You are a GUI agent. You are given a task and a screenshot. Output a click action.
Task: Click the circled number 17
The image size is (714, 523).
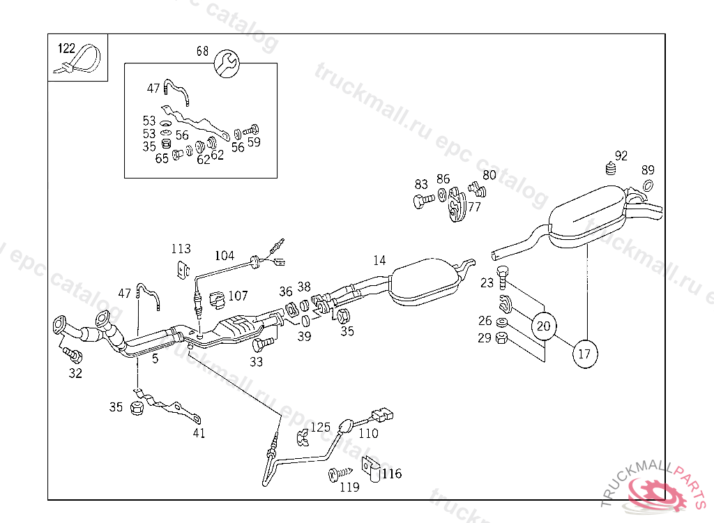[x=585, y=354]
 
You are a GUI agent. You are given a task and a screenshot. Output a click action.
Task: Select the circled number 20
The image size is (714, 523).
[x=544, y=325]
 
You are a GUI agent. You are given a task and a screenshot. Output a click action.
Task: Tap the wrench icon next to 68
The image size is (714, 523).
[x=227, y=64]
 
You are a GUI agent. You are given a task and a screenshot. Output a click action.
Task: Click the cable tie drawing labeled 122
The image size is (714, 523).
[x=78, y=61]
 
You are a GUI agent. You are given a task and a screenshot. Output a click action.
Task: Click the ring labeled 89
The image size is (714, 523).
[x=647, y=185]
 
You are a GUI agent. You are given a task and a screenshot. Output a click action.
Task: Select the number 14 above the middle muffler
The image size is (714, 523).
[x=379, y=261]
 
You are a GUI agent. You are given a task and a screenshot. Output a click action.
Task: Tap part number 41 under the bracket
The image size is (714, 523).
[x=199, y=433]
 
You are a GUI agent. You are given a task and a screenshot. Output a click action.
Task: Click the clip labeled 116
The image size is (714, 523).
[x=370, y=470]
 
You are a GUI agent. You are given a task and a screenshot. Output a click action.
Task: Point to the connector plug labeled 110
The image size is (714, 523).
[x=379, y=415]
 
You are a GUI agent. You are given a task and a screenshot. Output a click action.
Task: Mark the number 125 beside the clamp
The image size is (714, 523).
[x=320, y=427]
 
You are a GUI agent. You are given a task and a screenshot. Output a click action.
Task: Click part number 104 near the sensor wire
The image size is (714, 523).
[x=225, y=256]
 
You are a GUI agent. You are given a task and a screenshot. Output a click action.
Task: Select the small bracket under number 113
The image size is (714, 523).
[x=183, y=268]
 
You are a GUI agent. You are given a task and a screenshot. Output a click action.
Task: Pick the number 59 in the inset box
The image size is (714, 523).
[x=254, y=143]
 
